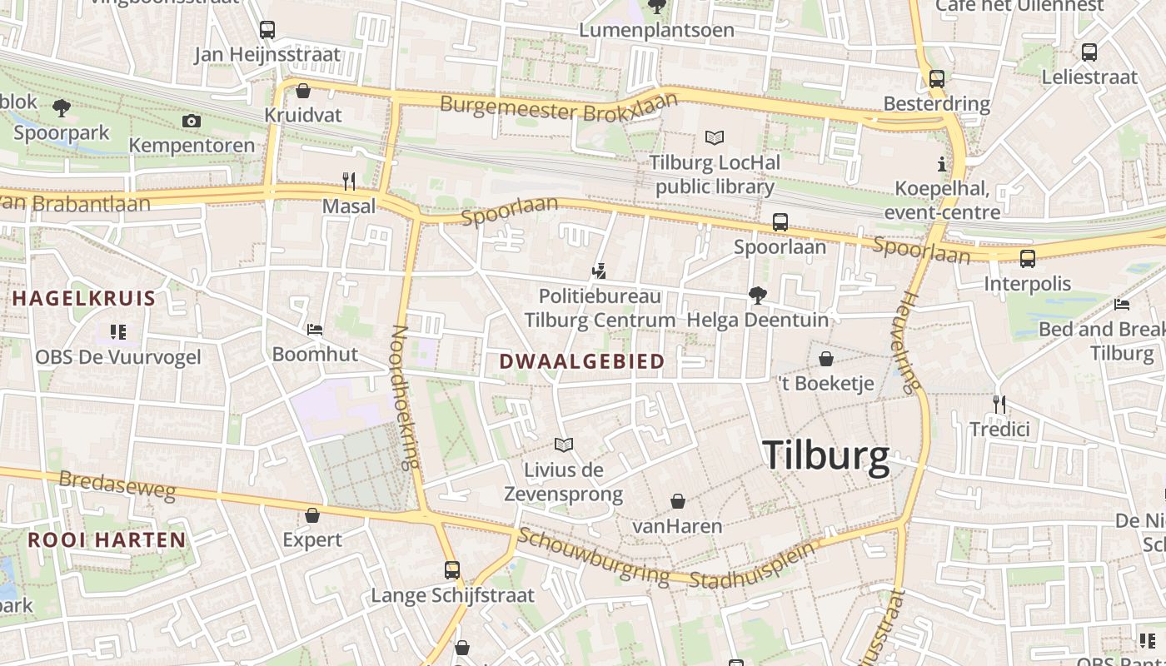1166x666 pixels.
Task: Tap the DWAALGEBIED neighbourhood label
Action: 582,361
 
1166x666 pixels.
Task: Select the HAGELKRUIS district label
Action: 84,299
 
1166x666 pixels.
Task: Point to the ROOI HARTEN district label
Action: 107,539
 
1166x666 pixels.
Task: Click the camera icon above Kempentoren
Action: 192,122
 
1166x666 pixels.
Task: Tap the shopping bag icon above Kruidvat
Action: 303,91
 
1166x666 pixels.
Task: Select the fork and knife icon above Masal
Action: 349,181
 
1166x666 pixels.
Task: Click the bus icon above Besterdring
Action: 937,79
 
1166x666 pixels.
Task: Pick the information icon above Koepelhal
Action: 942,164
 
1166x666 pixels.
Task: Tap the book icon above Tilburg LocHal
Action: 715,137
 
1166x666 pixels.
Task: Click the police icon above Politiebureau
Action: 598,271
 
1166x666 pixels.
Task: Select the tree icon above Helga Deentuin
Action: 757,295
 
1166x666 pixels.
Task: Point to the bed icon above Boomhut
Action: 315,330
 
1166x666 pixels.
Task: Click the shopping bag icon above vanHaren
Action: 678,501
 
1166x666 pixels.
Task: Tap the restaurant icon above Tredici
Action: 999,405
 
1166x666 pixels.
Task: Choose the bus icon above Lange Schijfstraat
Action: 452,570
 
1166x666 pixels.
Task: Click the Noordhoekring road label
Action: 406,397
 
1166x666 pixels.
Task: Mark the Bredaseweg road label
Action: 117,486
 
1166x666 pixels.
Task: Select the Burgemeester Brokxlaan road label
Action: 559,107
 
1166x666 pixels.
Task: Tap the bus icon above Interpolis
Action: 1028,259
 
